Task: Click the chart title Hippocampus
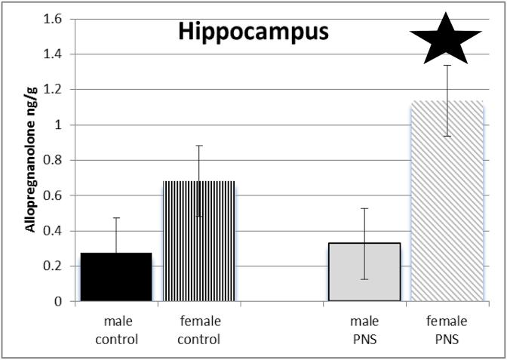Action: pos(243,32)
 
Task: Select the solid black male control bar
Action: pos(116,277)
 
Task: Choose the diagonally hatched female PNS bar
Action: pos(447,202)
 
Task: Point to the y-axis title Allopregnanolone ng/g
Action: pos(32,160)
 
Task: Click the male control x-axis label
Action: pos(117,331)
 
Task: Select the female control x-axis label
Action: pos(199,331)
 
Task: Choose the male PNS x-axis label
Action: pos(364,331)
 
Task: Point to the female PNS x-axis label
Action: pos(447,331)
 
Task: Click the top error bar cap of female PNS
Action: pos(447,66)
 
